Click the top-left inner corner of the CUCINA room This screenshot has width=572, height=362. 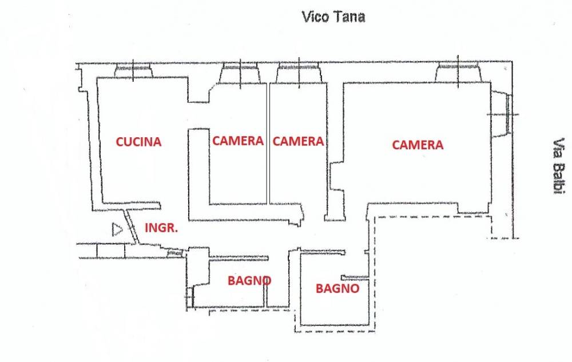[x=97, y=78]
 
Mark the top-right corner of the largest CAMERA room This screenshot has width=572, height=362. [x=490, y=83]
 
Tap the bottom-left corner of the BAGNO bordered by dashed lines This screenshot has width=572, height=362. [x=301, y=325]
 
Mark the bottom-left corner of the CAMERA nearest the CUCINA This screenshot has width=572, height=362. [x=210, y=204]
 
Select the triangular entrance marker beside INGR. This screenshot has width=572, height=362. [x=117, y=230]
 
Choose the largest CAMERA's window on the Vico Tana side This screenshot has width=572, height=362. [x=458, y=72]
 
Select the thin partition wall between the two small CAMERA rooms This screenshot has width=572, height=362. [x=268, y=144]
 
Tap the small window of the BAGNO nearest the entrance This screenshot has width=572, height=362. [x=189, y=297]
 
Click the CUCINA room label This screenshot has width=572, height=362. [x=138, y=142]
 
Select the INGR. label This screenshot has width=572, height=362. [x=161, y=228]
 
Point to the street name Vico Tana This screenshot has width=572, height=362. [x=333, y=17]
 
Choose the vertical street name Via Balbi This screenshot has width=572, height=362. [x=558, y=165]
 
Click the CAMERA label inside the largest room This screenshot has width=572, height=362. [x=418, y=145]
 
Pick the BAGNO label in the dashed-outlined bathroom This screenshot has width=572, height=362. [x=337, y=289]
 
